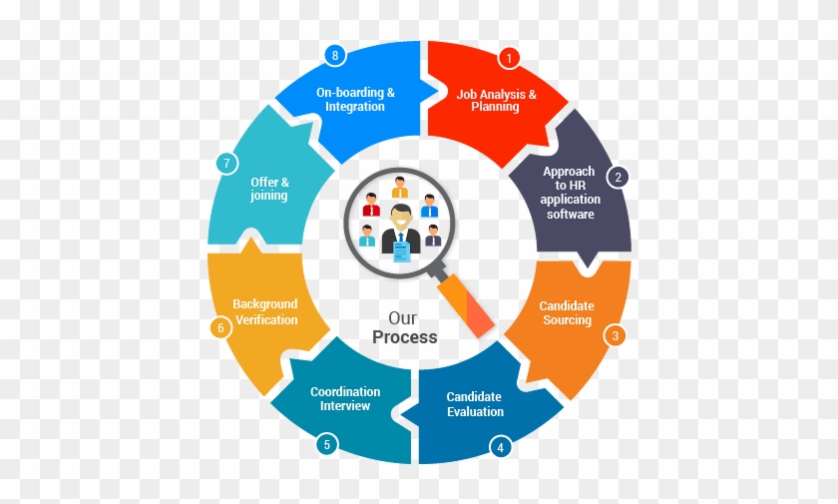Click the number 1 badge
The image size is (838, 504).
click(509, 58)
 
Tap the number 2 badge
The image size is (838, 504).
click(618, 177)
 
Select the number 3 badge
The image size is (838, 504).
click(616, 335)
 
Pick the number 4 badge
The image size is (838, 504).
click(500, 447)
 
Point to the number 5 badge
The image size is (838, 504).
click(327, 444)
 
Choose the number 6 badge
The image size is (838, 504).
click(220, 327)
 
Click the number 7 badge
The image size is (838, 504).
click(227, 163)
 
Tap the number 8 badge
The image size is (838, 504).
click(335, 55)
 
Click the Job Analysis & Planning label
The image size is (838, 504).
click(496, 101)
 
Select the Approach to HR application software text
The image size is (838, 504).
click(570, 193)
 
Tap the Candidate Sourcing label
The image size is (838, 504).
click(567, 312)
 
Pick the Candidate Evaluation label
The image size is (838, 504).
click(475, 404)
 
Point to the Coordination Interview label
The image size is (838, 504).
click(345, 399)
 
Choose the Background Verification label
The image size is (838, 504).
click(265, 311)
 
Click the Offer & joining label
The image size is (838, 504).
click(269, 189)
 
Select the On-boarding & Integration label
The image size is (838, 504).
click(355, 100)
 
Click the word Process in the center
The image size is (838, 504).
click(405, 337)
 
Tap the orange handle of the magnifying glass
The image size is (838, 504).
click(466, 304)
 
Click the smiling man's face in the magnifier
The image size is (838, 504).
click(401, 218)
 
